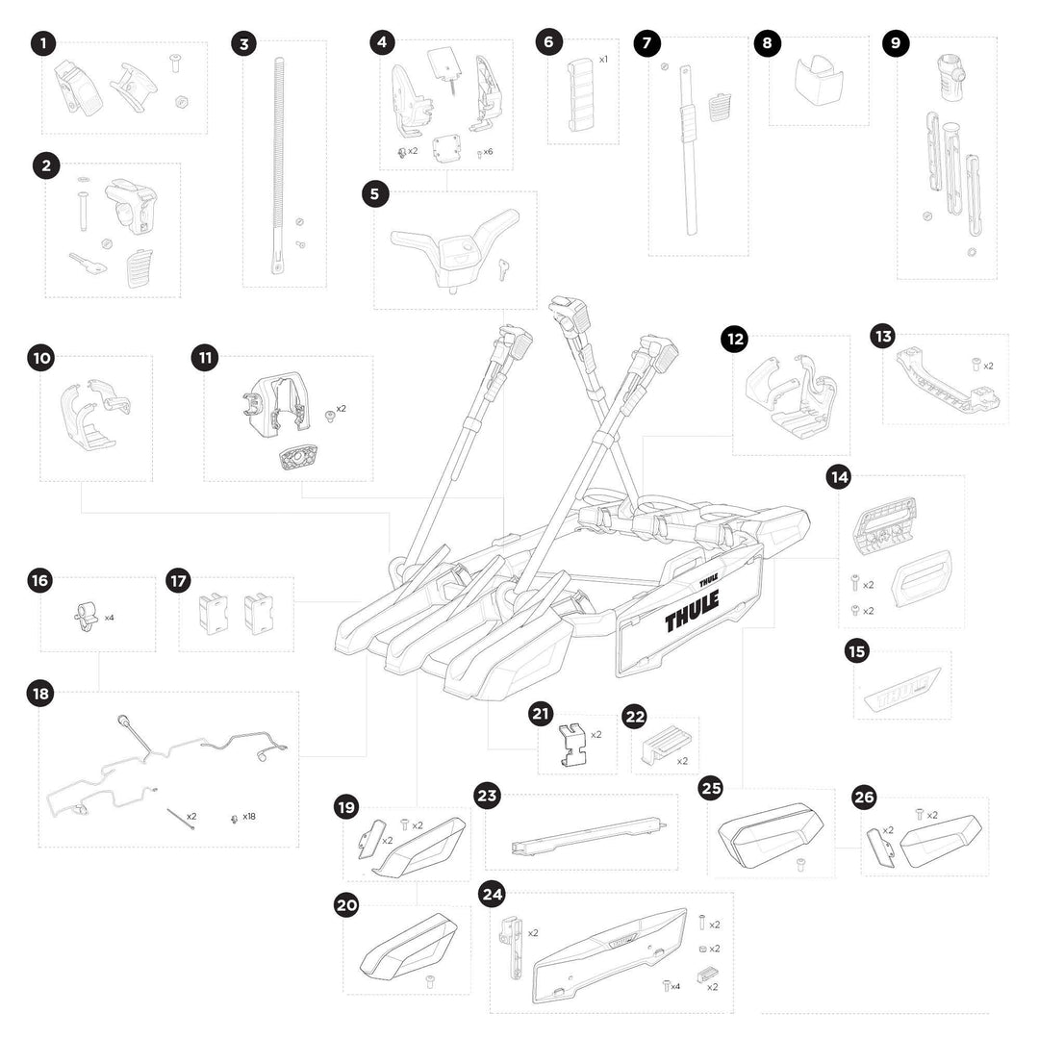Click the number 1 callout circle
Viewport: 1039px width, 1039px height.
coord(42,43)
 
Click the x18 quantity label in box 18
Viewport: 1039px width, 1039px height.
coord(248,817)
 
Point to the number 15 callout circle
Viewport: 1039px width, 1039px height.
coord(856,651)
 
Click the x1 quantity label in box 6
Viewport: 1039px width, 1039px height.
coord(603,60)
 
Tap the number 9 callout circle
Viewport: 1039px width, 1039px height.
coord(895,43)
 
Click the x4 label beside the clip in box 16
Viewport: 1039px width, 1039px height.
coord(109,618)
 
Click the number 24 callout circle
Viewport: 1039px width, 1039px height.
coord(493,894)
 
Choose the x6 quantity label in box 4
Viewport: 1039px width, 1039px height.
coord(488,152)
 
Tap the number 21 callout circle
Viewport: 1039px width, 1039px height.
coord(541,714)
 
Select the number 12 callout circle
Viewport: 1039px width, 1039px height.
coord(735,339)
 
